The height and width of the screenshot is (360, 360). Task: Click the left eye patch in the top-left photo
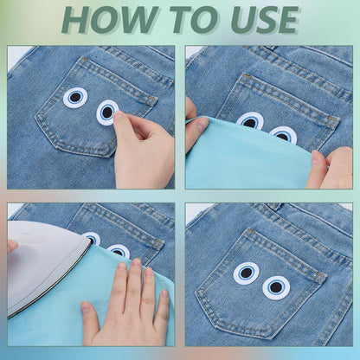pos(75,98)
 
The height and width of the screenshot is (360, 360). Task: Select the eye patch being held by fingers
pos(106,112)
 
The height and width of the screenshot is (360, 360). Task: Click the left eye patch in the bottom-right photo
pos(247,273)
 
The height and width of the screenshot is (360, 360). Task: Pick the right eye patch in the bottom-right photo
pos(276,287)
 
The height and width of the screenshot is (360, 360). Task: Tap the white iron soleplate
pos(43,268)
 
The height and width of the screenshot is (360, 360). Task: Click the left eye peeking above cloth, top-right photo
pos(250,120)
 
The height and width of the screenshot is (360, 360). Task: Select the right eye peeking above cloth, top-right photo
pos(283,134)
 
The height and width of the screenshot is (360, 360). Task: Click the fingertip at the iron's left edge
pos(12,246)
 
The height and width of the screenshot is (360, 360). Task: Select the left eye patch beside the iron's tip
pos(93,238)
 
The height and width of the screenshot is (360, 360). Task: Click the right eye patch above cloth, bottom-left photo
pos(119,250)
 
